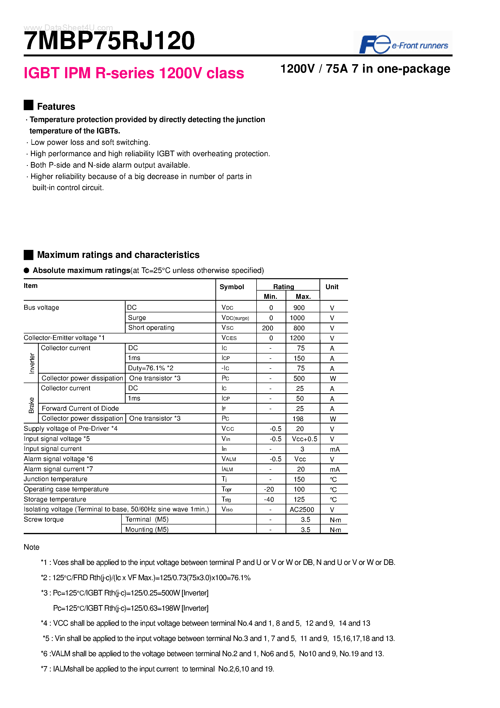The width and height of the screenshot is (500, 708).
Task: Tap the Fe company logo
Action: coord(375,44)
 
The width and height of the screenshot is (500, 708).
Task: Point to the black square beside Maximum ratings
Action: coord(28,255)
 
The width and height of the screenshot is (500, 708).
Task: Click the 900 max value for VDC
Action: coord(299,308)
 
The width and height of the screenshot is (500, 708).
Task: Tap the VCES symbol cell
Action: coord(229,338)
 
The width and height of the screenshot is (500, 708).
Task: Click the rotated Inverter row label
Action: coord(32,363)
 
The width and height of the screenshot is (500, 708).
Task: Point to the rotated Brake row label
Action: coord(31,405)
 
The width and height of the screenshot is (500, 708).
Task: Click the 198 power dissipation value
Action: coord(298,419)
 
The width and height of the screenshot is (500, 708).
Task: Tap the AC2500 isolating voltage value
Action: coord(302,509)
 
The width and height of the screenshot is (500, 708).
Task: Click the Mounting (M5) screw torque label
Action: coord(147,530)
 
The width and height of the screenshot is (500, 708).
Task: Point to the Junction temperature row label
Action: coord(55,479)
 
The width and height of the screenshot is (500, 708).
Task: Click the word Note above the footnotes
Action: coord(31,547)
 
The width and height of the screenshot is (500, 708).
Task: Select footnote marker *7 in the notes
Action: coord(45,669)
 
